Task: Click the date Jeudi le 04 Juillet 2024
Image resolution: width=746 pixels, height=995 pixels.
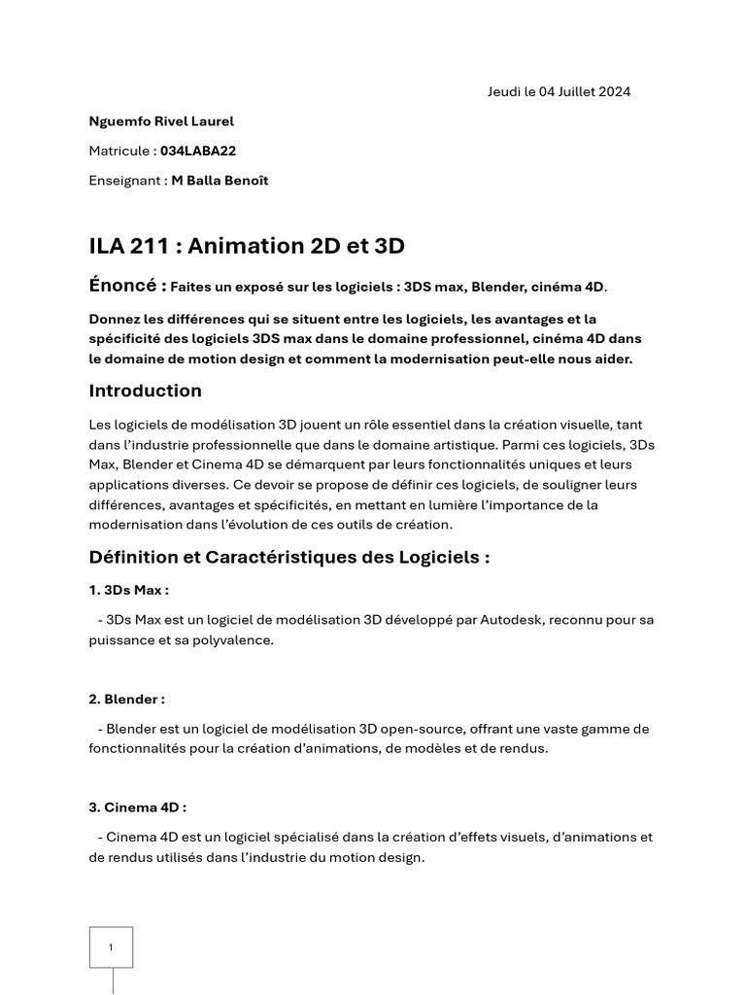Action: click(559, 92)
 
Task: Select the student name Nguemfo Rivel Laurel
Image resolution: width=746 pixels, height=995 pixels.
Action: click(161, 121)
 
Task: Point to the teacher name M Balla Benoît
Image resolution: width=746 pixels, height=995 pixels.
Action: click(220, 181)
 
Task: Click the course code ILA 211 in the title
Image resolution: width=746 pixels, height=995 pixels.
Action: click(127, 246)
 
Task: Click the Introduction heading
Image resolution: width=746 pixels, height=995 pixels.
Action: click(146, 391)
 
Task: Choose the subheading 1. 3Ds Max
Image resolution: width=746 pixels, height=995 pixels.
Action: click(128, 590)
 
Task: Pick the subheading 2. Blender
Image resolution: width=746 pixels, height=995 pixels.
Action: click(126, 699)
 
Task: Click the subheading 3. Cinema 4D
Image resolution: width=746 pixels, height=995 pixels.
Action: click(137, 806)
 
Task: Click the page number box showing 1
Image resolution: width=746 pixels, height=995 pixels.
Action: click(111, 947)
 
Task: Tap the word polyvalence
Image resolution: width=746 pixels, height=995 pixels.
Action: click(227, 640)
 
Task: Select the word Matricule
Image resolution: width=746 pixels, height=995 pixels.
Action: click(119, 151)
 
